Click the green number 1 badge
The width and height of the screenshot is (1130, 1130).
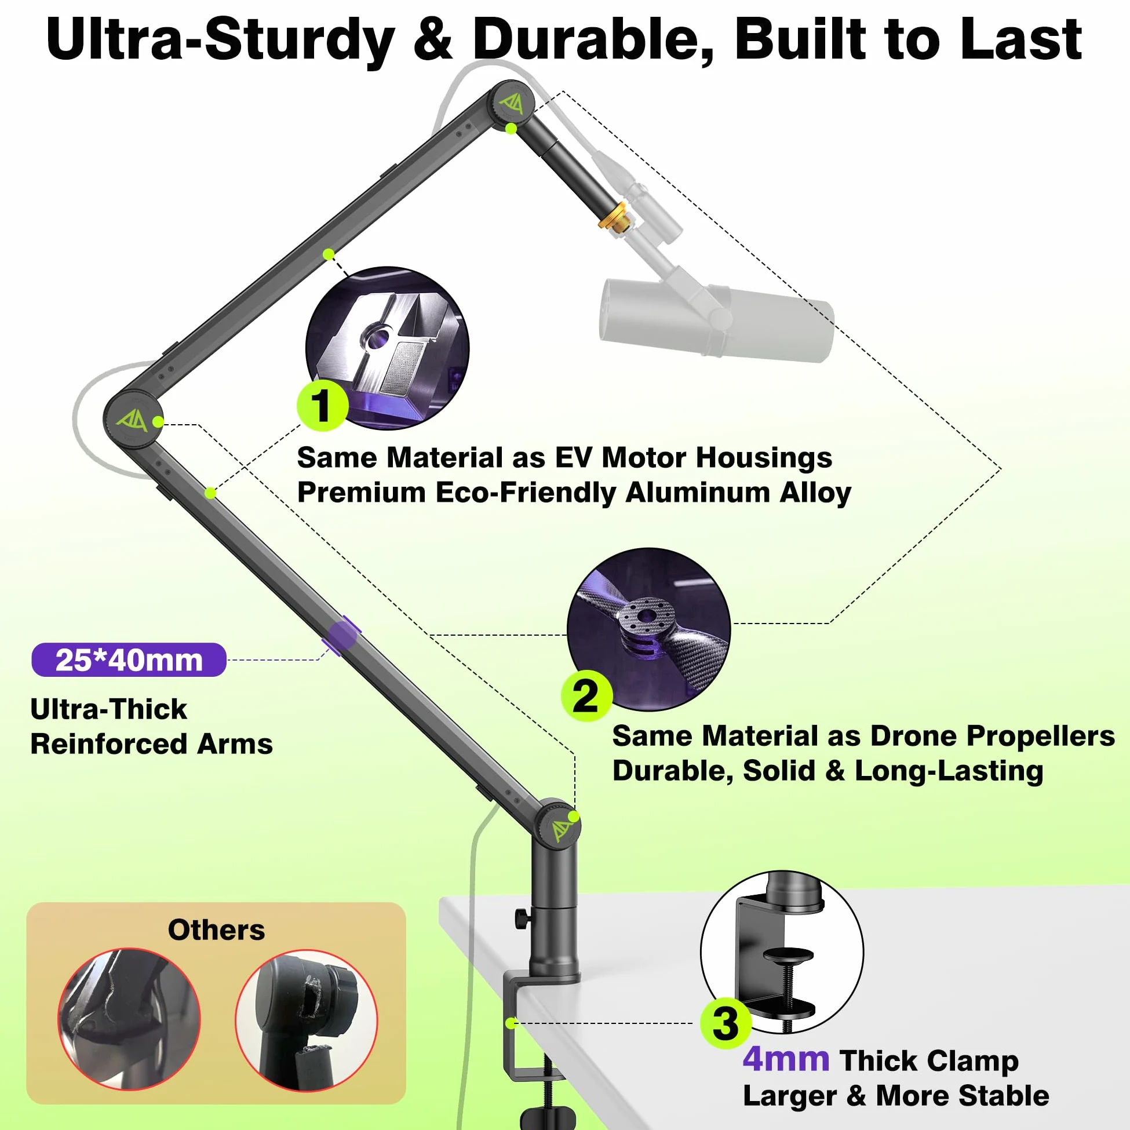coord(322,405)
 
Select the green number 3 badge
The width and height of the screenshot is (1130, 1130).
coord(726,1023)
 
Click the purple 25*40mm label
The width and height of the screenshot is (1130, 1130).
coord(129,660)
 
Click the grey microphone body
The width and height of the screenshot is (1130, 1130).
coord(716,319)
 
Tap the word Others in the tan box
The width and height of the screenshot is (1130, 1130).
coord(216,929)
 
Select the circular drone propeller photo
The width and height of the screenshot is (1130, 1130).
coord(648,629)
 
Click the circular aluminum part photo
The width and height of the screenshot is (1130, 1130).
coord(387,348)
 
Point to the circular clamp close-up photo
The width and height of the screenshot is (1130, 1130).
coord(782,952)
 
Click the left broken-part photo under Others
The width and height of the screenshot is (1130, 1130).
coord(129,1019)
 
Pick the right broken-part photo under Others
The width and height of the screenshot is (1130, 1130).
coord(307,1020)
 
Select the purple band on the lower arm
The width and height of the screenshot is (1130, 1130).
coord(342,636)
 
